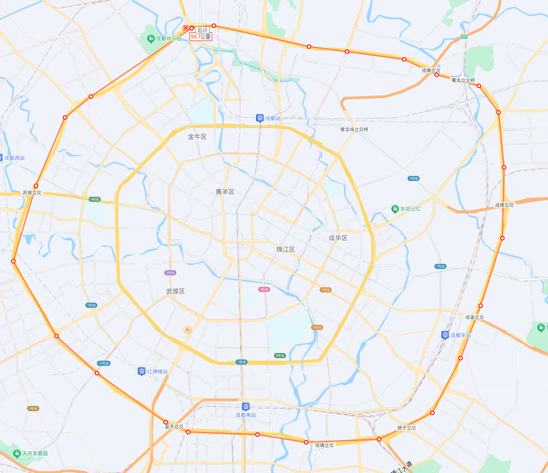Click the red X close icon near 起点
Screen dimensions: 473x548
(186, 28)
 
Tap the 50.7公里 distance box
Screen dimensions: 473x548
(201, 37)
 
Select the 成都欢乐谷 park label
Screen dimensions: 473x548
(169, 38)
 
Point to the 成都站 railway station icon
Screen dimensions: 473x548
(260, 118)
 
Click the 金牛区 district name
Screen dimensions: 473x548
(197, 137)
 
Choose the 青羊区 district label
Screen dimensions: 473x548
(225, 192)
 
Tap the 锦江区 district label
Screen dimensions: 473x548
(286, 249)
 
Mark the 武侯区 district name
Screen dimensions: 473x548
(175, 291)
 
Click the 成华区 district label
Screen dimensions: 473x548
(338, 238)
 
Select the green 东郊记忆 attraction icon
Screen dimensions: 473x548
(395, 209)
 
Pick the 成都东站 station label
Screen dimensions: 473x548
(461, 335)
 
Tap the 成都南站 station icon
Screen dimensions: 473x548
(246, 406)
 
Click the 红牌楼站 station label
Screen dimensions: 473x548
(157, 371)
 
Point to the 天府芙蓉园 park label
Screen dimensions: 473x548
(35, 453)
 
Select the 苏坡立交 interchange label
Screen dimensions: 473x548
(32, 193)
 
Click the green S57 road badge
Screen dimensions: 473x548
(464, 37)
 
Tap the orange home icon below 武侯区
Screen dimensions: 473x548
(187, 330)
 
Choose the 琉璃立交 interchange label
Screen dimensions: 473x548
(324, 445)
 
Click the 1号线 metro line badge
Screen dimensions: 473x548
(242, 362)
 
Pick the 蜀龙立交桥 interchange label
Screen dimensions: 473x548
(463, 80)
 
